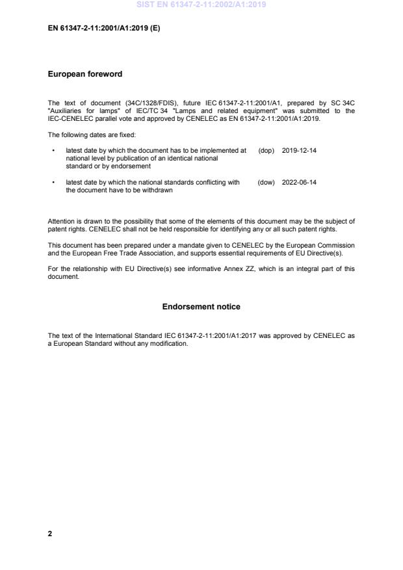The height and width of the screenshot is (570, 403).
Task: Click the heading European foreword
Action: [85, 74]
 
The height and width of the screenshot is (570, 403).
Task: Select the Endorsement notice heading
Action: [201, 307]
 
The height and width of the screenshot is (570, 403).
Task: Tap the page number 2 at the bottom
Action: [50, 534]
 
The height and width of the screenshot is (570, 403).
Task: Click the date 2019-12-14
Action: [299, 150]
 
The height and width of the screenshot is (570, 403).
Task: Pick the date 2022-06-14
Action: [299, 183]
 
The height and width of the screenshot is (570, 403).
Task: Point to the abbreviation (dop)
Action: [266, 150]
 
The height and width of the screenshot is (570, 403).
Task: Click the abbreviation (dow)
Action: [266, 183]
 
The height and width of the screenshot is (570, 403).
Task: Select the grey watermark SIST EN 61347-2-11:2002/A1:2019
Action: [201, 5]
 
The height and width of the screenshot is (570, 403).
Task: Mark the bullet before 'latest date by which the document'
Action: [53, 150]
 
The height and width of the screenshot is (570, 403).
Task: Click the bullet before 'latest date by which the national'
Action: [53, 183]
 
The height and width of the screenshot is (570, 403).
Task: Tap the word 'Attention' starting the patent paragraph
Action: [61, 221]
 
